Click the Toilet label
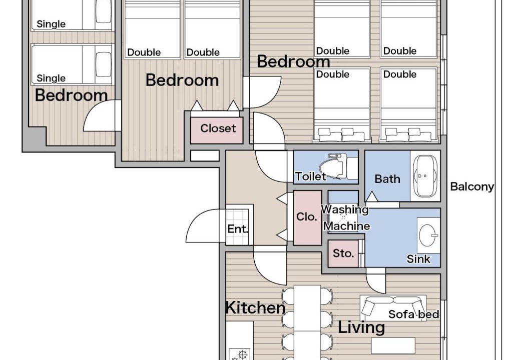click(x=310, y=176)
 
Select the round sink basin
click(x=427, y=235)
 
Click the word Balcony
click(x=472, y=186)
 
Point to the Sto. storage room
click(x=343, y=253)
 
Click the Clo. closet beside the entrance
click(x=307, y=217)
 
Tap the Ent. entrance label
click(x=237, y=229)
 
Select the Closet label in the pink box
click(x=218, y=128)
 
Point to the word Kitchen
click(x=255, y=307)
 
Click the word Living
click(x=361, y=327)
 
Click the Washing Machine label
click(x=345, y=218)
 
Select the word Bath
click(x=387, y=179)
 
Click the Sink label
click(x=418, y=259)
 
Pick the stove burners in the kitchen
click(x=240, y=354)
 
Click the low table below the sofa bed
click(x=393, y=345)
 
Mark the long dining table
click(x=307, y=322)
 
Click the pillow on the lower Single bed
click(x=104, y=64)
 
